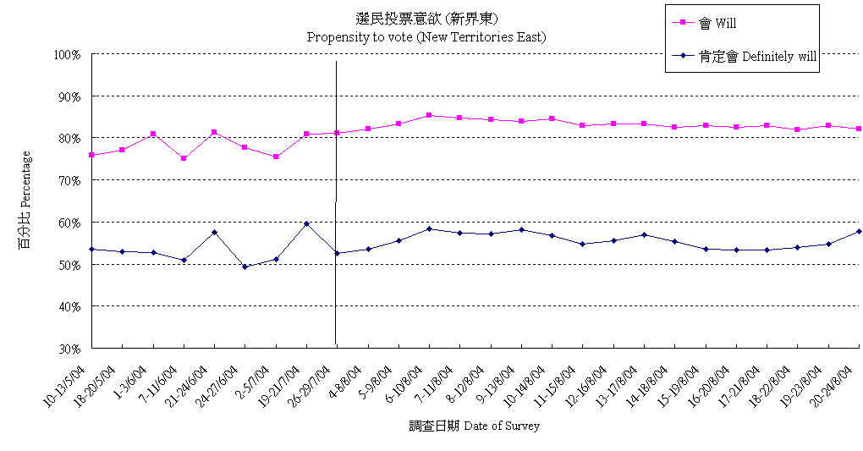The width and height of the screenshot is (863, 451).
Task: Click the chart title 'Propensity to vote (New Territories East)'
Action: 426,37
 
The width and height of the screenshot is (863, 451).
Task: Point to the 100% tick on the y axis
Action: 67,55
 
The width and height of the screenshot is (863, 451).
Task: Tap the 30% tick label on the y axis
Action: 69,348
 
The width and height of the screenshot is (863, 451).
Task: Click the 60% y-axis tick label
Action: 69,223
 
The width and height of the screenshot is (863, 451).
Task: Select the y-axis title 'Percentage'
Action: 25,201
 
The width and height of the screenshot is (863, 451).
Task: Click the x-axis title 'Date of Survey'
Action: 474,426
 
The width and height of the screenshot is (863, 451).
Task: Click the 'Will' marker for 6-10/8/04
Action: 429,115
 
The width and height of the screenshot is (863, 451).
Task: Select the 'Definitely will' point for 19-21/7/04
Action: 306,223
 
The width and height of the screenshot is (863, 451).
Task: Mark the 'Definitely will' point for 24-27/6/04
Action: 245,267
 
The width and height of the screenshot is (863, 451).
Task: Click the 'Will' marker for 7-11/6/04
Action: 184,158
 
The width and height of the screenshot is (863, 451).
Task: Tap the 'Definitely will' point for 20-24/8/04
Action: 859,231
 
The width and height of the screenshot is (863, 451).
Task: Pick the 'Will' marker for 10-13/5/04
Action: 91,155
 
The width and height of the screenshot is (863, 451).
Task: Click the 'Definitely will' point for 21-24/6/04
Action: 214,232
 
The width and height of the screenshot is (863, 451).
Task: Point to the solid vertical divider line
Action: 336,203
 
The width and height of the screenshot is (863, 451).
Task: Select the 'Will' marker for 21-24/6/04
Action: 214,132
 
